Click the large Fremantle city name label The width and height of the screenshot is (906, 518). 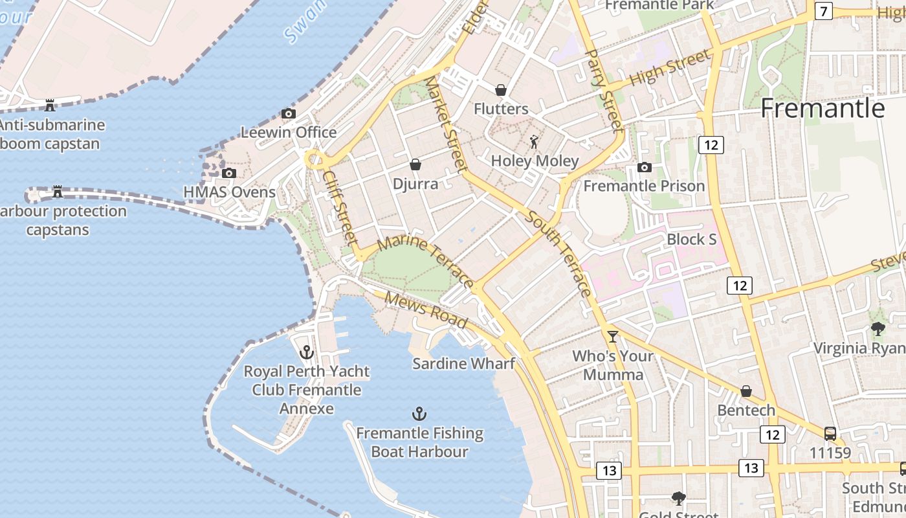pyautogui.click(x=822, y=108)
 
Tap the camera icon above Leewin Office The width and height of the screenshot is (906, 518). pyautogui.click(x=289, y=114)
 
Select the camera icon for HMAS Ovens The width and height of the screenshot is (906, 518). pyautogui.click(x=228, y=173)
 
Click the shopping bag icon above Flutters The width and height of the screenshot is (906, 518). pyautogui.click(x=501, y=90)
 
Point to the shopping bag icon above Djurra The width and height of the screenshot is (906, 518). pyautogui.click(x=415, y=164)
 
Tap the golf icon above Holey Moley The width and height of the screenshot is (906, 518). pyautogui.click(x=534, y=141)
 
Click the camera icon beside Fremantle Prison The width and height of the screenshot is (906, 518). pyautogui.click(x=643, y=168)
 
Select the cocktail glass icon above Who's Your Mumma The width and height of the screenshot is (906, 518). pyautogui.click(x=612, y=336)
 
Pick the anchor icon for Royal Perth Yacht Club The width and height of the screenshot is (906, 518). pyautogui.click(x=307, y=352)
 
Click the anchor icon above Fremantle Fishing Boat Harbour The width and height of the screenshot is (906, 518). pyautogui.click(x=419, y=414)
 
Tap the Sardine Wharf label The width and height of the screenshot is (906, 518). pyautogui.click(x=463, y=363)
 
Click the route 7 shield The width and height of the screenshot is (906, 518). pyautogui.click(x=823, y=12)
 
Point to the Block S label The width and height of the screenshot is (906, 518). pyautogui.click(x=691, y=239)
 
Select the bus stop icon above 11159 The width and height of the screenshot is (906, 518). pyautogui.click(x=830, y=434)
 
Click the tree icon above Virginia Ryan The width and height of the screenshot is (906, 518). pyautogui.click(x=878, y=329)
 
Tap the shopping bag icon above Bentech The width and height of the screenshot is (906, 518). pyautogui.click(x=746, y=391)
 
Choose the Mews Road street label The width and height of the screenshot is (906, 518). pyautogui.click(x=426, y=310)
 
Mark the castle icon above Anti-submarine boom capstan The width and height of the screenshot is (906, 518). pyautogui.click(x=49, y=105)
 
